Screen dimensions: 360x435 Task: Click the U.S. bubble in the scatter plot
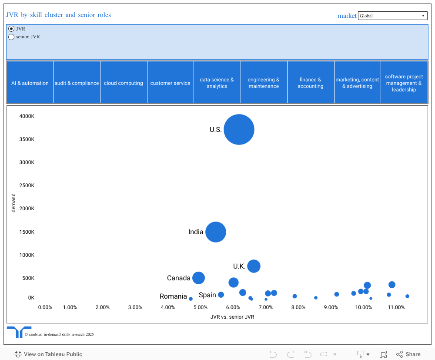(239, 129)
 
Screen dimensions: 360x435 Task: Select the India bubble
(216, 232)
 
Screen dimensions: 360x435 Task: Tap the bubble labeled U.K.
(254, 266)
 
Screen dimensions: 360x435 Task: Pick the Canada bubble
(198, 278)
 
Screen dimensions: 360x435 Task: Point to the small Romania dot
(191, 299)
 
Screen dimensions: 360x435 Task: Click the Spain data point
(221, 295)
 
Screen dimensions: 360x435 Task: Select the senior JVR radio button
(12, 37)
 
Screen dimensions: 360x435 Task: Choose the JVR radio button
(12, 29)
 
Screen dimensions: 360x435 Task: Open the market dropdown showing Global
(392, 16)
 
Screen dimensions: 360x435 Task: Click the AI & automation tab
(30, 83)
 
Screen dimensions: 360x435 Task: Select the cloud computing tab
(124, 83)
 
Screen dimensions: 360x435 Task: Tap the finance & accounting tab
(311, 83)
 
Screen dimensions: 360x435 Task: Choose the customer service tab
(170, 83)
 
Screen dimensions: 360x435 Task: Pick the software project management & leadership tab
(404, 83)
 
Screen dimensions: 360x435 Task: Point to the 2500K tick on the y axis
(26, 185)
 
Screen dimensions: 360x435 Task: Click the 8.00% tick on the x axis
(298, 307)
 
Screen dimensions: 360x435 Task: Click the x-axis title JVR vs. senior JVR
(232, 317)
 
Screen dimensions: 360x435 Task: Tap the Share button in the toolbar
(408, 354)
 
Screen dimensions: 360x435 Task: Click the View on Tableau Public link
(48, 354)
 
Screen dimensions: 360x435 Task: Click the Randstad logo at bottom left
(19, 332)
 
